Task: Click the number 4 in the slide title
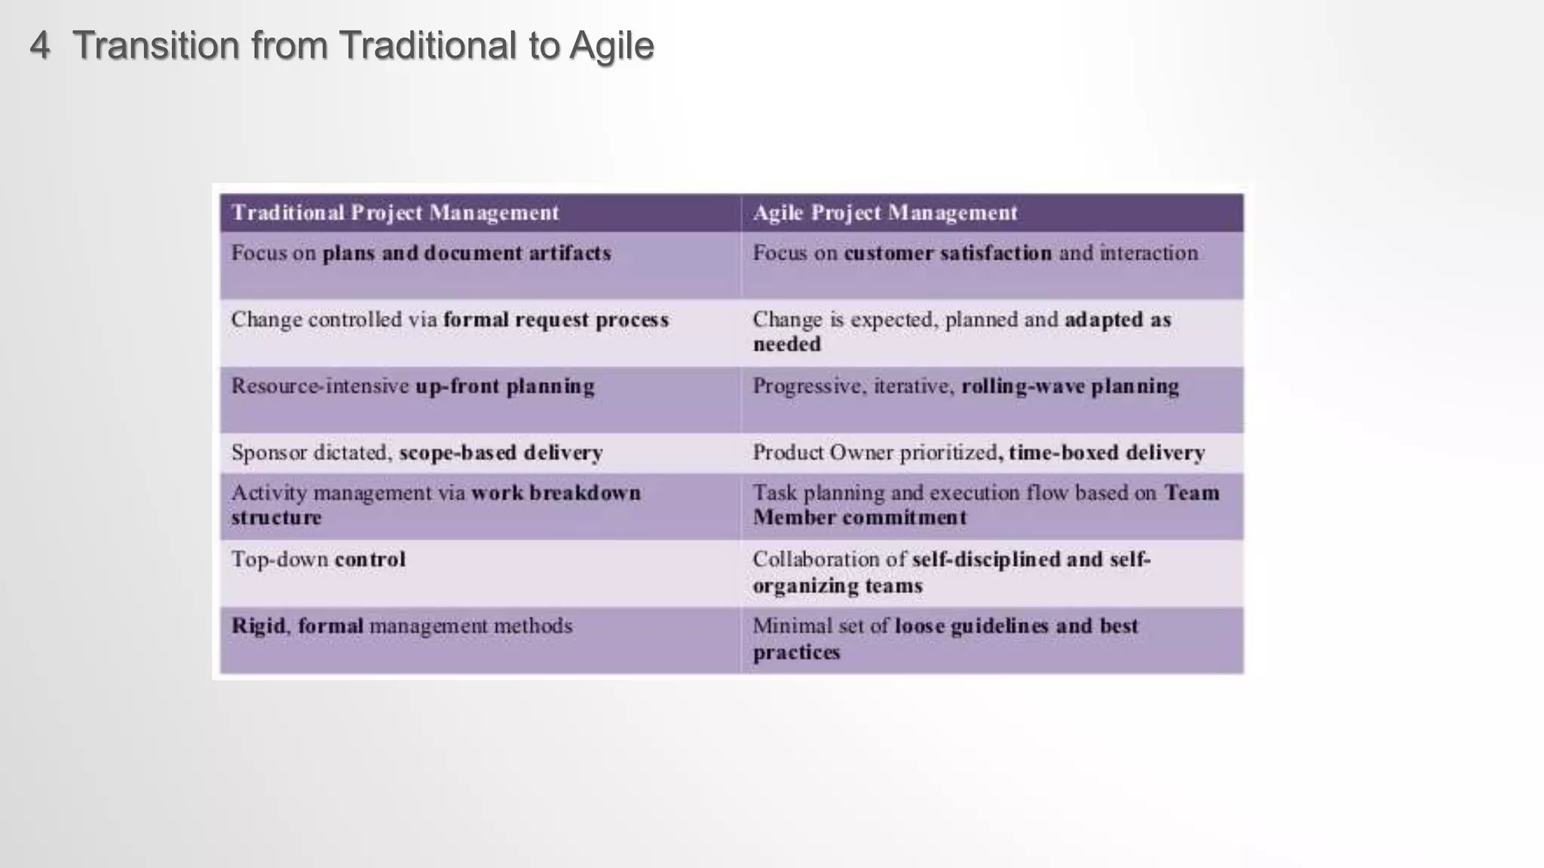40,45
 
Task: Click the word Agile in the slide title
611,47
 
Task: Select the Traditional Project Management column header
395,213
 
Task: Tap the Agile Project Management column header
885,213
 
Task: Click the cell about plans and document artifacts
421,254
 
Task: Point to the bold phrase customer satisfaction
947,253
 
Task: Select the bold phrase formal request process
556,320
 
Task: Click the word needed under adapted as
786,345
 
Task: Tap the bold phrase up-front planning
504,387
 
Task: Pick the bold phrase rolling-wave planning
1070,387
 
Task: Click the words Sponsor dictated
311,453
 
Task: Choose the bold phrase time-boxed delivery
1106,453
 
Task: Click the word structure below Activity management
276,518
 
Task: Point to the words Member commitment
859,518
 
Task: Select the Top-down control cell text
318,560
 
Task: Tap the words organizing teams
837,586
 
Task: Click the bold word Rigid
258,626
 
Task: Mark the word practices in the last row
796,653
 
